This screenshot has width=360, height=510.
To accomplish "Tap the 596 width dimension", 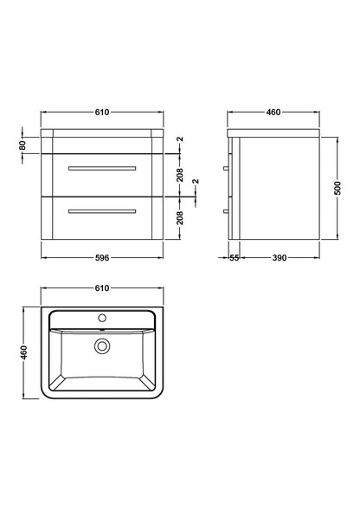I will tap(103, 257).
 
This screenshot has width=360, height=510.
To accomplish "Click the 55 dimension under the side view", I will tap(235, 258).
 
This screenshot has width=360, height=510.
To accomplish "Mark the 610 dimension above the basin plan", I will tap(103, 287).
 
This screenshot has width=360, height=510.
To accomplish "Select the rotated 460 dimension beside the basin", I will tap(24, 354).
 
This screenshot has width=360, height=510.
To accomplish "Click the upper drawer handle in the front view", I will tap(103, 165).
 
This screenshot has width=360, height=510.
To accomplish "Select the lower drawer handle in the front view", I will tap(103, 210).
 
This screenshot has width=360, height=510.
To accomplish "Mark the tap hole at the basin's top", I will tap(103, 318).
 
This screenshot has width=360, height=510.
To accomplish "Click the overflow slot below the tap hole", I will tap(103, 329).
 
